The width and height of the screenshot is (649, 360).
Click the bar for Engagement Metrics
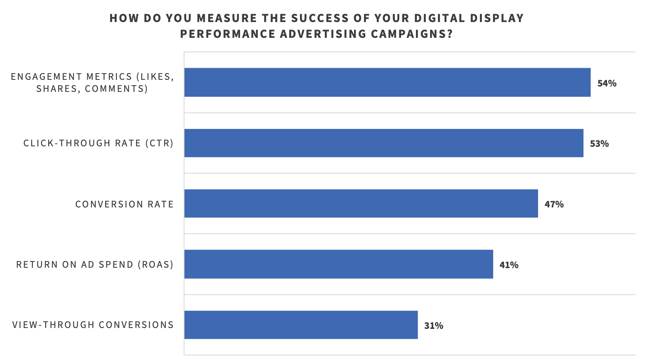click(387, 82)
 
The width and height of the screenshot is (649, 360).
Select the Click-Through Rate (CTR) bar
click(383, 143)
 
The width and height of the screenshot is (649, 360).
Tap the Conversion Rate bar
click(361, 204)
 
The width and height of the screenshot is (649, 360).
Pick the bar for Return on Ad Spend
click(339, 264)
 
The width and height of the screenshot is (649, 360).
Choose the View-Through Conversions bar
click(301, 325)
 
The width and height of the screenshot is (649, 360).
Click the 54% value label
click(607, 83)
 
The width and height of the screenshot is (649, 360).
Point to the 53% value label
click(599, 144)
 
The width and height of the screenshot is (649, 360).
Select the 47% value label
click(554, 204)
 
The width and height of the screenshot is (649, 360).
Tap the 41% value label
click(509, 265)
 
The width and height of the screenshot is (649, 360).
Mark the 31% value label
click(433, 325)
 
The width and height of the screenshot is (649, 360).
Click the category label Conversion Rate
click(124, 204)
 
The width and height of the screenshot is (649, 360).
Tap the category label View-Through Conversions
click(93, 325)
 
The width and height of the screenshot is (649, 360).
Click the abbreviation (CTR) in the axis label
click(159, 143)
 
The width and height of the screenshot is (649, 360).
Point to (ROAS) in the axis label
click(155, 265)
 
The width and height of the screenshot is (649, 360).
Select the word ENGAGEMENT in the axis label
click(47, 77)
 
